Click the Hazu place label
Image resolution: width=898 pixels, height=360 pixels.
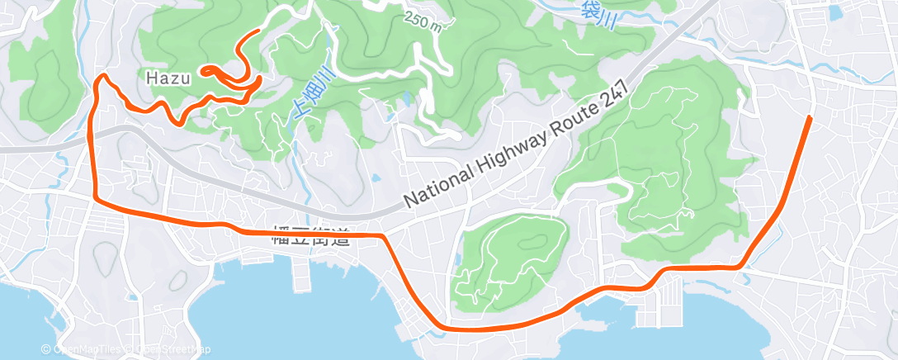[168, 79]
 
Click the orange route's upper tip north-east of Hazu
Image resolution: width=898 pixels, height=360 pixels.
[260, 31]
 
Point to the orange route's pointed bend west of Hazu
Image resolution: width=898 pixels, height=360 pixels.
[103, 77]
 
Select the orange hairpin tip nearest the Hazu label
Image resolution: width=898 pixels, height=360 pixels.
[202, 69]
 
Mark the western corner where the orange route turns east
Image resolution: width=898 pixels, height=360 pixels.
[97, 198]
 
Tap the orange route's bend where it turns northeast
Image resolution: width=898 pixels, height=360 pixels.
[744, 266]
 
